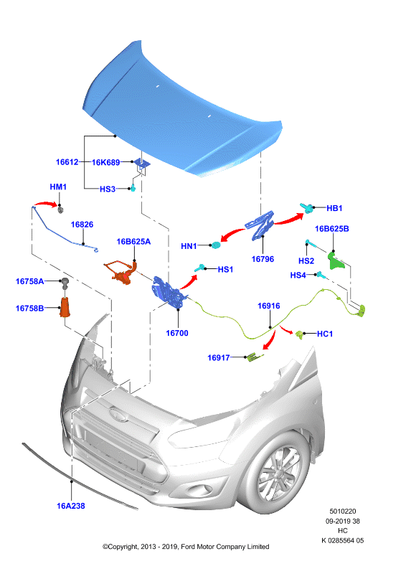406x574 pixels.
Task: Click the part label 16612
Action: (x=67, y=162)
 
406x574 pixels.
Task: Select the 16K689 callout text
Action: (x=105, y=162)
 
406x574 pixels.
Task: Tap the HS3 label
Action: (x=108, y=189)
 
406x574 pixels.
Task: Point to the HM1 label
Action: (x=58, y=187)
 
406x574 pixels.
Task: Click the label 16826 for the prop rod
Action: (x=82, y=225)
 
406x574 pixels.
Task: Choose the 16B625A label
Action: (x=133, y=242)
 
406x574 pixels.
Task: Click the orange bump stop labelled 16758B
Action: (x=65, y=307)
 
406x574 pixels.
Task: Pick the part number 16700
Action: (x=177, y=333)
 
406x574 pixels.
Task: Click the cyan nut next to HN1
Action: (x=216, y=245)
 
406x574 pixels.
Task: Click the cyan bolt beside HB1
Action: (x=307, y=208)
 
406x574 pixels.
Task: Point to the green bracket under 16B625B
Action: (x=335, y=260)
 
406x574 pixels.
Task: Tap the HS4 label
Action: (x=298, y=275)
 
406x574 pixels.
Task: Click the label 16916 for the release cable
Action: (x=269, y=306)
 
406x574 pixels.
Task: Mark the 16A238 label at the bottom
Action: (x=71, y=506)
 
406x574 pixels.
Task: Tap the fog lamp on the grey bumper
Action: (x=200, y=489)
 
